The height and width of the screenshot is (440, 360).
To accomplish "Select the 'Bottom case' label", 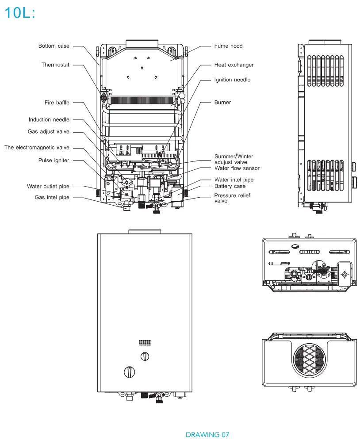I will pos(54,46).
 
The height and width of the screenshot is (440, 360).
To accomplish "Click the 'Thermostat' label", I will pos(55,65).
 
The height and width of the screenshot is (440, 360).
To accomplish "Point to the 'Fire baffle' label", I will pos(57,103).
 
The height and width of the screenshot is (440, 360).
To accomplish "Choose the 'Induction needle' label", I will pos(49,120).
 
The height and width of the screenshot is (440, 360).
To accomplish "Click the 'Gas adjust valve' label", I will pos(48,132).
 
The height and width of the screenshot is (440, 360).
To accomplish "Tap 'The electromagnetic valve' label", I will pos(37,148).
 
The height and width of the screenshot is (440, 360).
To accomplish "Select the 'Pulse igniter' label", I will pos(54,161).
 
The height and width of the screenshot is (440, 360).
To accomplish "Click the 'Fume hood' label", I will pos(228,46).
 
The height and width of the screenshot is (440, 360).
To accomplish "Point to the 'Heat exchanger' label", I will pos(234,65).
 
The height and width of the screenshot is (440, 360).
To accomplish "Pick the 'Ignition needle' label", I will pos(232,80).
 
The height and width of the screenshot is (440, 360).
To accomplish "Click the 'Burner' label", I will pos(222,103).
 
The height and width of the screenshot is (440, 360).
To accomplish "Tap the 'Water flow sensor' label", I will pos(237,168).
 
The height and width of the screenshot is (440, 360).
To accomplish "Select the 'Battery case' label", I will pos(230,187).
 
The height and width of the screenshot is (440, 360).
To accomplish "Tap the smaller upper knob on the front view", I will pos(145,356).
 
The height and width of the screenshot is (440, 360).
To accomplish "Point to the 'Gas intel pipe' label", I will pos(52,198).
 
